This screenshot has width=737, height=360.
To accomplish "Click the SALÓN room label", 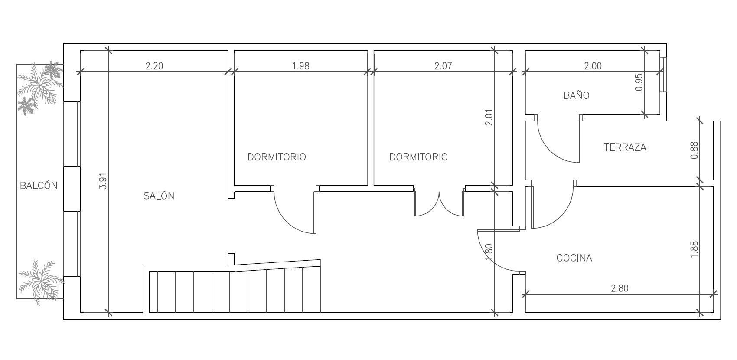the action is tap(159, 196).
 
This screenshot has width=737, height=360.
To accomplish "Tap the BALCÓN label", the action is tap(39, 186).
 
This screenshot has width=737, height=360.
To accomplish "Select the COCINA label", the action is tap(574, 258).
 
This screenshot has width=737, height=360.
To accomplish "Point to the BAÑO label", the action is tap(577, 95).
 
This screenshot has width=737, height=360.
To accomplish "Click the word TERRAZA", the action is tap(625, 147).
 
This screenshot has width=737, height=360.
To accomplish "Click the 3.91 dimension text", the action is tap(103, 181).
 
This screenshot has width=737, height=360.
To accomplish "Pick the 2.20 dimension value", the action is tap(154, 66).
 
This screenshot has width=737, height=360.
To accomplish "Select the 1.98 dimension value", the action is tap(301, 66).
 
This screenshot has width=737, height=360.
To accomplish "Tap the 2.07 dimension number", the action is tap(443, 66).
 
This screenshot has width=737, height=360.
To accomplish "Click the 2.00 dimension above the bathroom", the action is tap(593, 66).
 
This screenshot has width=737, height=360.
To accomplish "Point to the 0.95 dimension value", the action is tap(639, 82).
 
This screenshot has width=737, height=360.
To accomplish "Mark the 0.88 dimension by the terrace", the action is tap(694, 150).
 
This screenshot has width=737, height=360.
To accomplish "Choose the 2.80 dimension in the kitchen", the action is tap(620, 288).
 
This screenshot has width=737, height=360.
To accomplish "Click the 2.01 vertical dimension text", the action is tap(489, 118).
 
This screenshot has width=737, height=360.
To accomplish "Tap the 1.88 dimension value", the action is tap(694, 250).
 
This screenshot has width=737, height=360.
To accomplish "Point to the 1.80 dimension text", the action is tap(489, 252).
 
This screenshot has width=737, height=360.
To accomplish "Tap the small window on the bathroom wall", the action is tap(663, 74).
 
